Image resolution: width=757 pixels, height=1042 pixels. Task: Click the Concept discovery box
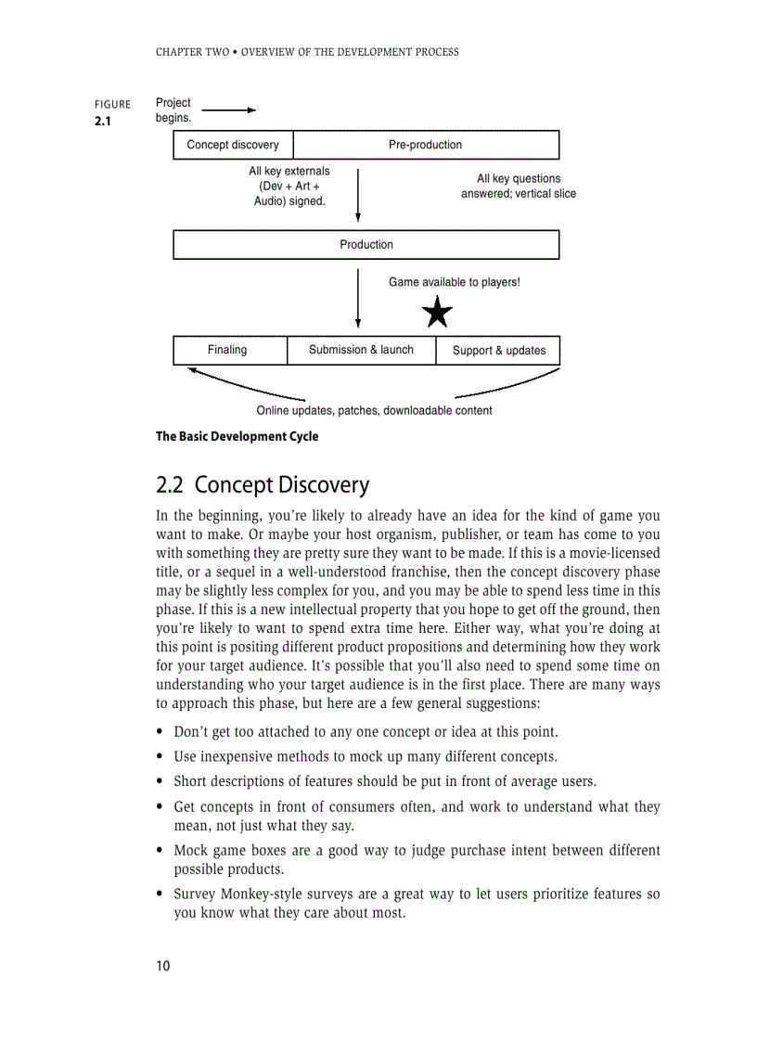[233, 145]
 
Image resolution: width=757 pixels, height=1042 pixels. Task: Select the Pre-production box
[425, 145]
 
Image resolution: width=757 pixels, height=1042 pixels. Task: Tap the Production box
[366, 245]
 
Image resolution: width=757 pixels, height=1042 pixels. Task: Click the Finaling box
[227, 350]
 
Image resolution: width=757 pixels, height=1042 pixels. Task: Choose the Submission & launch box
[361, 350]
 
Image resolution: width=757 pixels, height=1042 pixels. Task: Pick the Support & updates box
[498, 351]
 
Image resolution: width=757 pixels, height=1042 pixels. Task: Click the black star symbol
[437, 314]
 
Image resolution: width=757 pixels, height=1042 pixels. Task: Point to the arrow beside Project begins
[228, 110]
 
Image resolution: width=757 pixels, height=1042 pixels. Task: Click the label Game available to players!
[454, 282]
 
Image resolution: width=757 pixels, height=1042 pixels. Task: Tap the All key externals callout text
[289, 186]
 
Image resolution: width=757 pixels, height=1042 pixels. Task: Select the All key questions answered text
[518, 186]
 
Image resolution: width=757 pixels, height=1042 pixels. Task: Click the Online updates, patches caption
[374, 410]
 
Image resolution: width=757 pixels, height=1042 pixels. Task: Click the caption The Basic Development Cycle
[237, 436]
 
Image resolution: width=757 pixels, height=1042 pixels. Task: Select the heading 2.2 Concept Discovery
[263, 485]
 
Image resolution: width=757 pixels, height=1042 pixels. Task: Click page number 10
[163, 966]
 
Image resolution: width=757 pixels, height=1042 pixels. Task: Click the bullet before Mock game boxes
[161, 851]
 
